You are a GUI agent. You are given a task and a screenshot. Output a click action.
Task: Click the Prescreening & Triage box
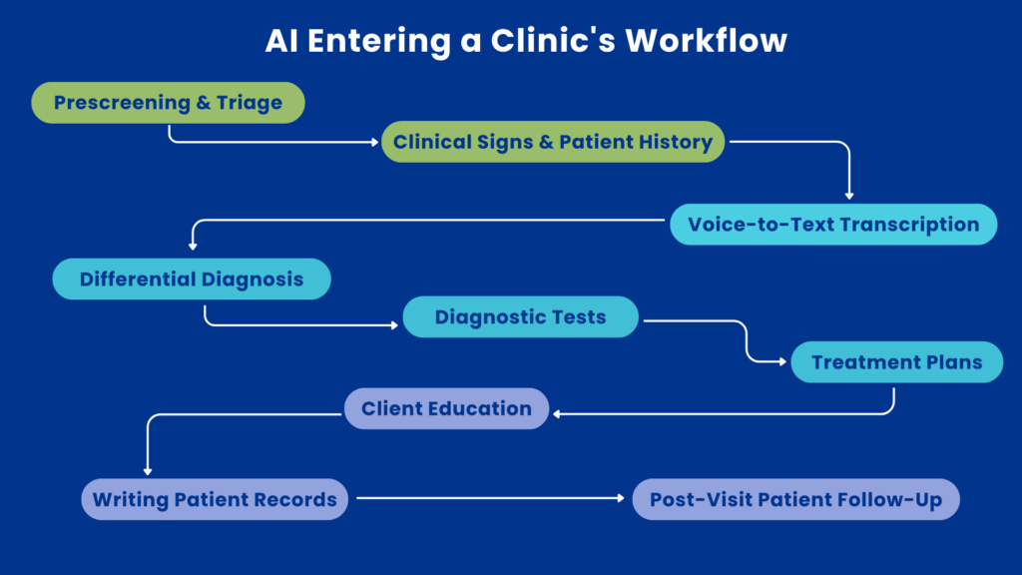168,103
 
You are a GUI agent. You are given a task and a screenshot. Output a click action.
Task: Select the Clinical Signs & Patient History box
553,142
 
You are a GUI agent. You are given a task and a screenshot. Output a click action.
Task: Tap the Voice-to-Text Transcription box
832,224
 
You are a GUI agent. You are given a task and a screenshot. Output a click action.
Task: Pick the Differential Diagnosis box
192,279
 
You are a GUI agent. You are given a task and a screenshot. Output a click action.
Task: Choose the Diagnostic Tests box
520,317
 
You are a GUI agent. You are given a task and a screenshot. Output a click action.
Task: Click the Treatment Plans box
896,362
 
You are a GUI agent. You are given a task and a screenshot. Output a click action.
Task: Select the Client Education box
446,408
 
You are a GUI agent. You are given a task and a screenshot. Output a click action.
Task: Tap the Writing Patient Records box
215,499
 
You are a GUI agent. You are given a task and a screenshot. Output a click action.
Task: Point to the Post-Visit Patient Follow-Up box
795,499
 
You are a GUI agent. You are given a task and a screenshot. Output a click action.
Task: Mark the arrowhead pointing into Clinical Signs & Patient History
375,142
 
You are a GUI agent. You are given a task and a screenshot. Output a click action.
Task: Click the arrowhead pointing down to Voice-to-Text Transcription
849,196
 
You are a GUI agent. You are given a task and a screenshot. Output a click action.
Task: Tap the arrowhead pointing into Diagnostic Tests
396,324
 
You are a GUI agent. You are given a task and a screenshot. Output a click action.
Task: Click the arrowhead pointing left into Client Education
557,413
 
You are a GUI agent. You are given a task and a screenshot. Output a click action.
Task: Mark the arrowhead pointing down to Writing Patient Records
147,470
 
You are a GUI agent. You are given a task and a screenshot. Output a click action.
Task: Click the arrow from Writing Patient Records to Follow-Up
489,497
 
